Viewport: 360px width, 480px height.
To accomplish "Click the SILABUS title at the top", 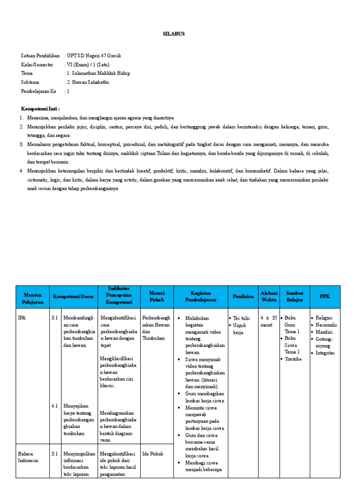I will tap(173, 34).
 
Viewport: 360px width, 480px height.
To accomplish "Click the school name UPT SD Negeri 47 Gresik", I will tap(94, 55).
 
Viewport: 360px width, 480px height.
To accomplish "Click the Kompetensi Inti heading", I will tap(40, 109).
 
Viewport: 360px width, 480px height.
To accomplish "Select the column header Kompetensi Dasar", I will tap(73, 296).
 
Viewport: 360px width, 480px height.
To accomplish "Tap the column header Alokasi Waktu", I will tap(269, 296).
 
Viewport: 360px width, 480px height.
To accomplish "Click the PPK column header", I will tap(324, 296).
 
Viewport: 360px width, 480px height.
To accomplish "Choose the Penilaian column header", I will tap(242, 296).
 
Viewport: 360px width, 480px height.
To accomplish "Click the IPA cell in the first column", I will tap(22, 318).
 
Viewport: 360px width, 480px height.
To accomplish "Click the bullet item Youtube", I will tap(293, 359).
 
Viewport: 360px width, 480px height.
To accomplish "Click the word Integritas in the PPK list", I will tap(325, 353).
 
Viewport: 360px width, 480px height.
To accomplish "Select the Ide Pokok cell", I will tap(152, 454).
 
